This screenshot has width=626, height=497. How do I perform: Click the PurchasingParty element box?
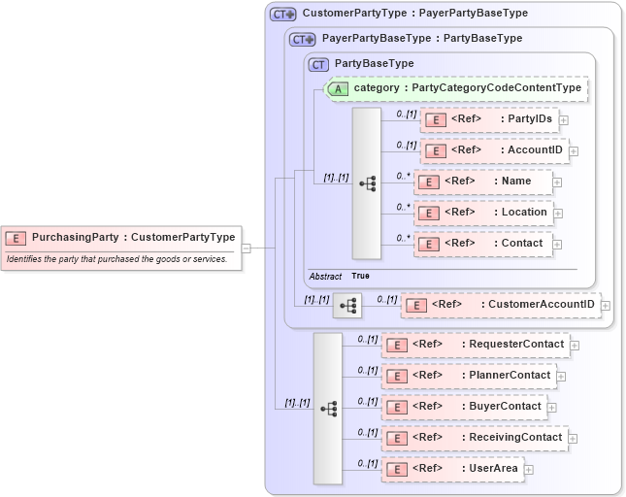coord(120,237)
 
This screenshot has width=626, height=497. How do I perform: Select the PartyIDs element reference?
coord(488,119)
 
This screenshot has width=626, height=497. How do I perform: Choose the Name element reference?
coord(482,182)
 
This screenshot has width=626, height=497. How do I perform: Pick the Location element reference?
coord(482,213)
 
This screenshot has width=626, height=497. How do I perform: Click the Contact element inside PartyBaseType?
coord(482,244)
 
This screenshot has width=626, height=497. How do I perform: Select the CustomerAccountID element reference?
coord(499,305)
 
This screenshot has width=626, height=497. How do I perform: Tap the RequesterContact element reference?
coord(475,345)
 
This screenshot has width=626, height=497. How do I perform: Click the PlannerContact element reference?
coord(475,376)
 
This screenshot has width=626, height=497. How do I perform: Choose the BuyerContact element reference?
coord(463,407)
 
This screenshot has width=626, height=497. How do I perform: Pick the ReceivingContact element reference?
coord(475,438)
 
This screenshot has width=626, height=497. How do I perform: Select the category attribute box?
coord(455,88)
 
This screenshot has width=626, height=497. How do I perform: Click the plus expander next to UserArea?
coord(528,471)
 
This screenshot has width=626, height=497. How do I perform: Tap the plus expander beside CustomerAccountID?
coord(606,306)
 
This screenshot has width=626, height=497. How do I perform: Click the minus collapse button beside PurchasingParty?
coord(247,248)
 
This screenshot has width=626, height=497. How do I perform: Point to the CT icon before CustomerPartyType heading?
coord(282,15)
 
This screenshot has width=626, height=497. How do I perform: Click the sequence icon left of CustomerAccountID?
coord(346,306)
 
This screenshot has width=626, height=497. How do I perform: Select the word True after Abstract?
coord(360,277)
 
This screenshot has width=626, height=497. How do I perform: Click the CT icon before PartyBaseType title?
coord(318,64)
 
